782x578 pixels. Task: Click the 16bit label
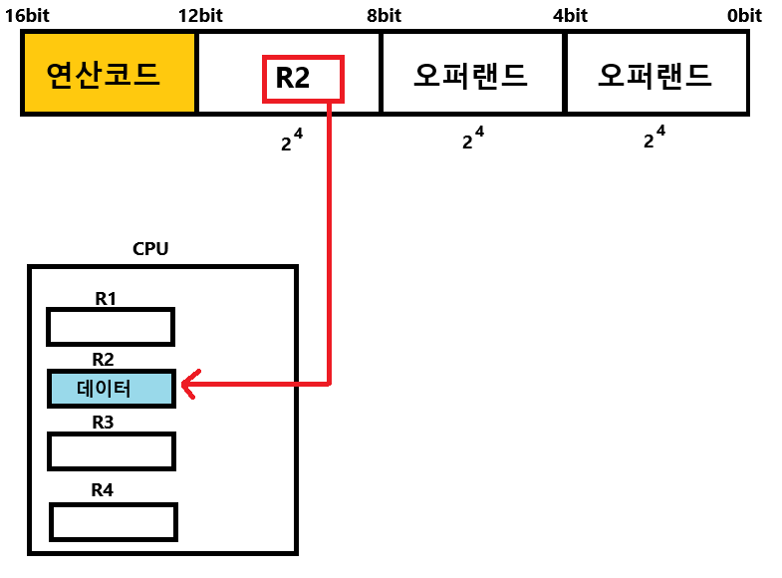[27, 15]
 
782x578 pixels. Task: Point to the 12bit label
[200, 15]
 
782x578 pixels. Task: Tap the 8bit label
[384, 15]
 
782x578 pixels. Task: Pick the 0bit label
[744, 15]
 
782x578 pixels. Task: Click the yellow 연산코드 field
[109, 73]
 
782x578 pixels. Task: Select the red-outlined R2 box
[303, 79]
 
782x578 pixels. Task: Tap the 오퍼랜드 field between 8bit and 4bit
[472, 73]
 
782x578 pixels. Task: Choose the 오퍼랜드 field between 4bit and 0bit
[656, 73]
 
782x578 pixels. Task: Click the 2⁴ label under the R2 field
[291, 141]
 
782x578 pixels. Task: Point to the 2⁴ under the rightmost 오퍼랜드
[654, 139]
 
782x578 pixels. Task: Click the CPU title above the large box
[150, 248]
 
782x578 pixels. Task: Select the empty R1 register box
[111, 327]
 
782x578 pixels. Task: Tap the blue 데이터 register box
[111, 389]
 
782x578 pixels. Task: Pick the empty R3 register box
[112, 451]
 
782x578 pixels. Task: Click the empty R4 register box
[114, 522]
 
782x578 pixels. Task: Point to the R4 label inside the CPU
[103, 490]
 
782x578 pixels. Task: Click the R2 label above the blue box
[103, 359]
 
